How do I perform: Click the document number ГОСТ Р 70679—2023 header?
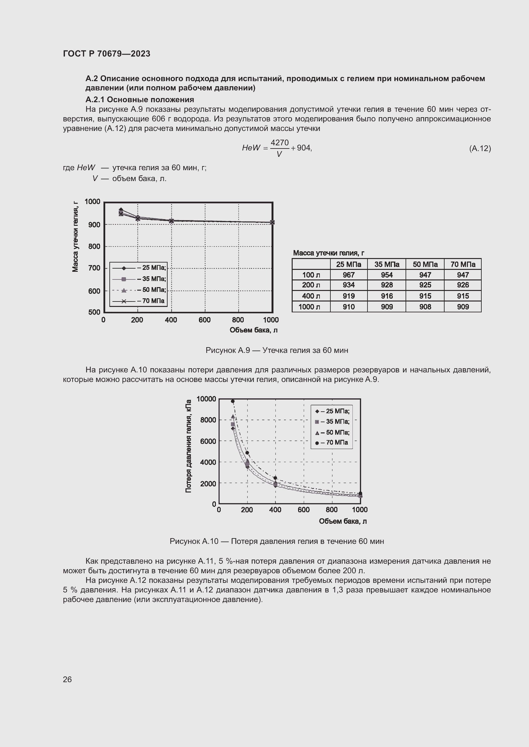107,54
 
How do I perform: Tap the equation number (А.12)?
480,149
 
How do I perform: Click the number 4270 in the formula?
280,142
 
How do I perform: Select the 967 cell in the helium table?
348,275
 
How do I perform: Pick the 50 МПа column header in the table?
425,264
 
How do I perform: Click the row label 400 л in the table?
311,296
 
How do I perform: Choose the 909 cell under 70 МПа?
462,307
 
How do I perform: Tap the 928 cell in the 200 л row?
387,285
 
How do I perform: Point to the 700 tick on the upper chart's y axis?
94,268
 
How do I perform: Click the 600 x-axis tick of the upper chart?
205,320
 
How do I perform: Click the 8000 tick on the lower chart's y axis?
208,420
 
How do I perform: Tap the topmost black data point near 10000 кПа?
233,401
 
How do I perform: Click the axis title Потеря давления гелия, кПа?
188,446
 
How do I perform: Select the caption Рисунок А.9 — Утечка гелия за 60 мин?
277,350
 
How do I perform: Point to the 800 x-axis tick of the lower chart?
332,509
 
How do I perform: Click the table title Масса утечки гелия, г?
328,253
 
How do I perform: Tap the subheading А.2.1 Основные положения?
139,100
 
